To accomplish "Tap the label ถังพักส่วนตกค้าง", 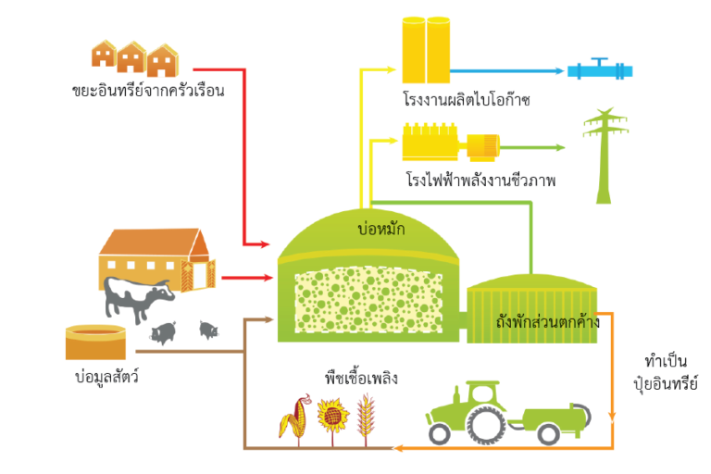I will click(x=547, y=323).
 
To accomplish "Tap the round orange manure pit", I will click(x=94, y=342).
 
